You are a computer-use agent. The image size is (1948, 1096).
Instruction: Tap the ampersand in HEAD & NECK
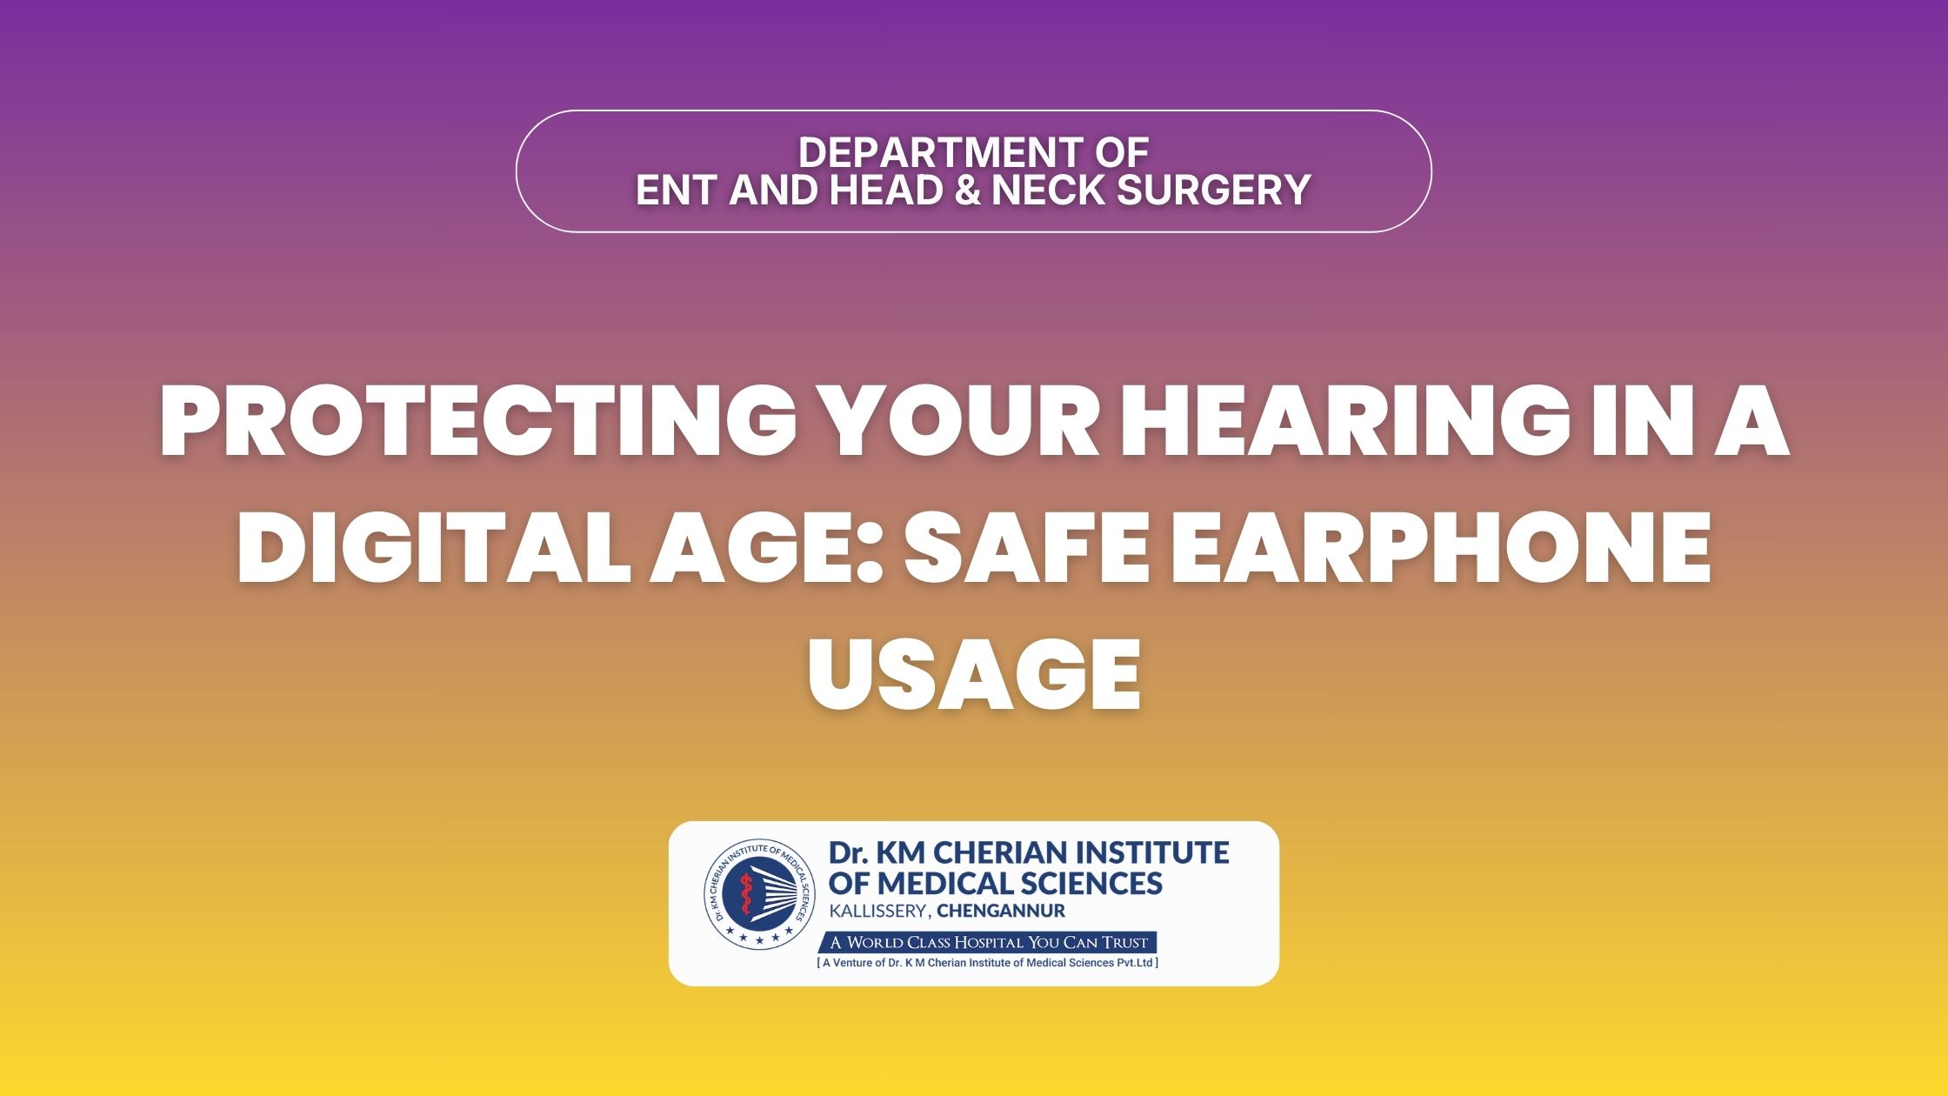click(968, 190)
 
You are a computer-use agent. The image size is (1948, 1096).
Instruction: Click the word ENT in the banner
click(677, 190)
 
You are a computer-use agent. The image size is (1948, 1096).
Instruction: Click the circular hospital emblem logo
click(760, 895)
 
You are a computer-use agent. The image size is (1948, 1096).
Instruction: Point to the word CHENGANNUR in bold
click(1001, 912)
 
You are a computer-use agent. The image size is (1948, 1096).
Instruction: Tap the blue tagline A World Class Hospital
click(989, 942)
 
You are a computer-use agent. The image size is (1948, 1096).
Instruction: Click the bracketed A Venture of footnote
click(988, 963)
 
